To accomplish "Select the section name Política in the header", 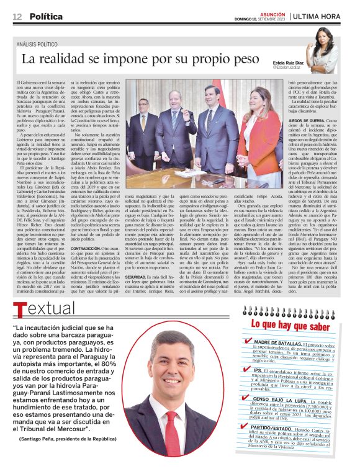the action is pyautogui.click(x=46, y=16).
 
